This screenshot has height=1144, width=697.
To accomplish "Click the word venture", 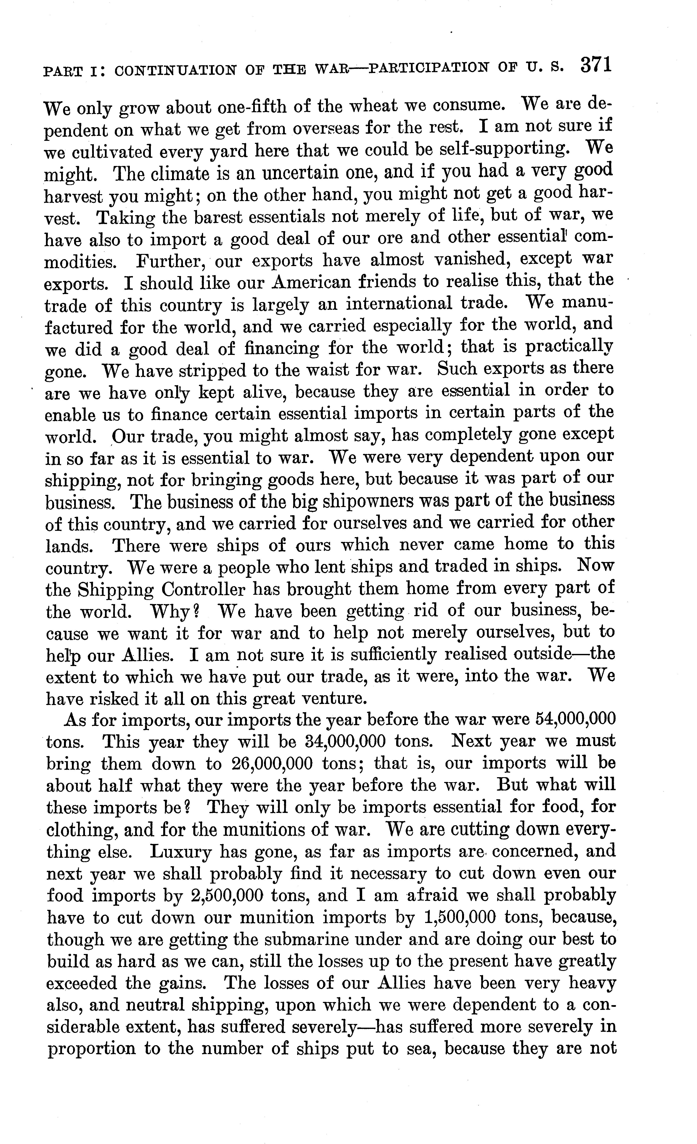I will point(332,699).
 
